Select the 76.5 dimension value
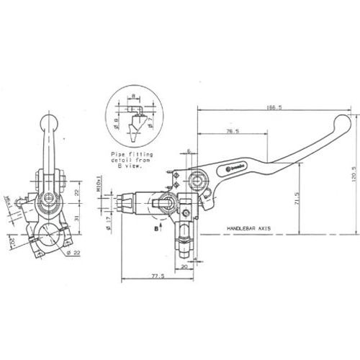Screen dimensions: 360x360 (x=232, y=131)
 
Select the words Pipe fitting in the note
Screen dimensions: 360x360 (x=127, y=155)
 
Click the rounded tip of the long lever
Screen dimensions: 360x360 (x=341, y=122)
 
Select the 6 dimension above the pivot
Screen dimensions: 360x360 (x=188, y=152)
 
